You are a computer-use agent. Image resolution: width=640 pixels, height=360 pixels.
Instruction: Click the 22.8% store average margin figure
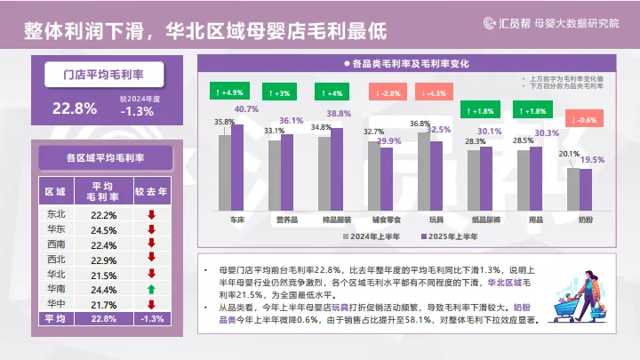pos(75,109)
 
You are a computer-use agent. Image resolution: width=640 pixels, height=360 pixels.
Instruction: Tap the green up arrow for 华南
pos(152,290)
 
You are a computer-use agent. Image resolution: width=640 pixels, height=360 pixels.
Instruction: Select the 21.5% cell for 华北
pos(104,275)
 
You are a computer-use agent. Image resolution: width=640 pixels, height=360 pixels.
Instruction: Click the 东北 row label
pos(55,214)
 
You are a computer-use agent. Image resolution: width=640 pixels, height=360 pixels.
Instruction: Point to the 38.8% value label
pos(339,114)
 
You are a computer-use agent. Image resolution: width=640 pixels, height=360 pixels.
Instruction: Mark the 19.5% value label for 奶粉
pos(592,160)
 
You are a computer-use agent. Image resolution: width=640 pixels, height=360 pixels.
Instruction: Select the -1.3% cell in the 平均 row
pos(152,319)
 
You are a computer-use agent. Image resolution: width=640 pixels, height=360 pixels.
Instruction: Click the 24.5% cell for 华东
pos(104,229)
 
